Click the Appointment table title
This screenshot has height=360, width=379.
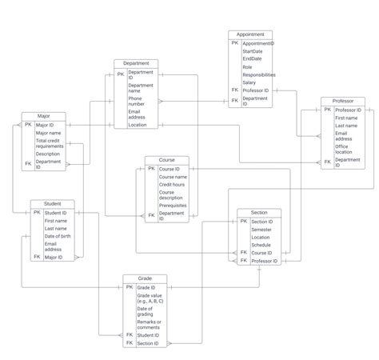pyautogui.click(x=250, y=35)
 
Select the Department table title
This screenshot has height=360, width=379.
pyautogui.click(x=136, y=63)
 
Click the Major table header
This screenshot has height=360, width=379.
pyautogui.click(x=43, y=117)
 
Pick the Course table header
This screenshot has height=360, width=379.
pyautogui.click(x=166, y=160)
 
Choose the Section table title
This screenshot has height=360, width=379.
pyautogui.click(x=259, y=213)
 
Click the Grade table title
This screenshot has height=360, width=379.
pyautogui.click(x=145, y=279)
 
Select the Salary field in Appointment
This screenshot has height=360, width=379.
pyautogui.click(x=249, y=82)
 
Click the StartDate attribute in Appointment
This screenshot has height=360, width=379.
pyautogui.click(x=253, y=51)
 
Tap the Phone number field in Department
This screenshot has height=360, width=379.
pyautogui.click(x=137, y=101)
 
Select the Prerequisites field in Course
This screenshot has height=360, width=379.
pyautogui.click(x=173, y=205)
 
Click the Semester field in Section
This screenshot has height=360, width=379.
pyautogui.click(x=262, y=230)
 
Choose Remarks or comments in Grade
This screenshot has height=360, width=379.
pyautogui.click(x=149, y=325)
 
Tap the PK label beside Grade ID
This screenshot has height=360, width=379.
pyautogui.click(x=130, y=287)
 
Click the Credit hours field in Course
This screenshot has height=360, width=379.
pyautogui.click(x=173, y=185)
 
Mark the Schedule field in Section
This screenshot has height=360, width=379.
pyautogui.click(x=261, y=245)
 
